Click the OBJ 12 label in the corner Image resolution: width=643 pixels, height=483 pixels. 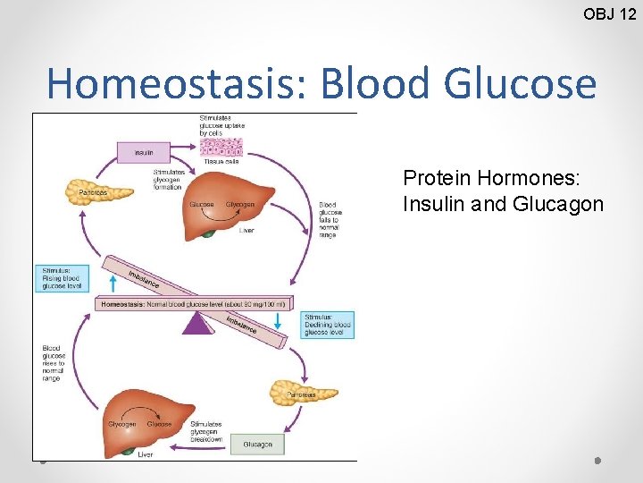609,13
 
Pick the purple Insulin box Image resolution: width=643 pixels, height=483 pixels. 144,153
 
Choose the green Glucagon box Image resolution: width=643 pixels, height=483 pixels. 257,444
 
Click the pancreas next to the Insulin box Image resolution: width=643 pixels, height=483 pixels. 87,191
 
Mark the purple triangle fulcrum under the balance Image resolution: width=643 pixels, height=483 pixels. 199,323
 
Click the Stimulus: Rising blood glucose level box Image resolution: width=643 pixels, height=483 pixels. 64,277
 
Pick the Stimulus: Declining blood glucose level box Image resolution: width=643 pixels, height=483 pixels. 328,324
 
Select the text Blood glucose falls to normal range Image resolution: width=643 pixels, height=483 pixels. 329,219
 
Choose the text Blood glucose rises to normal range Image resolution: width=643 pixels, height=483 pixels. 54,363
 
